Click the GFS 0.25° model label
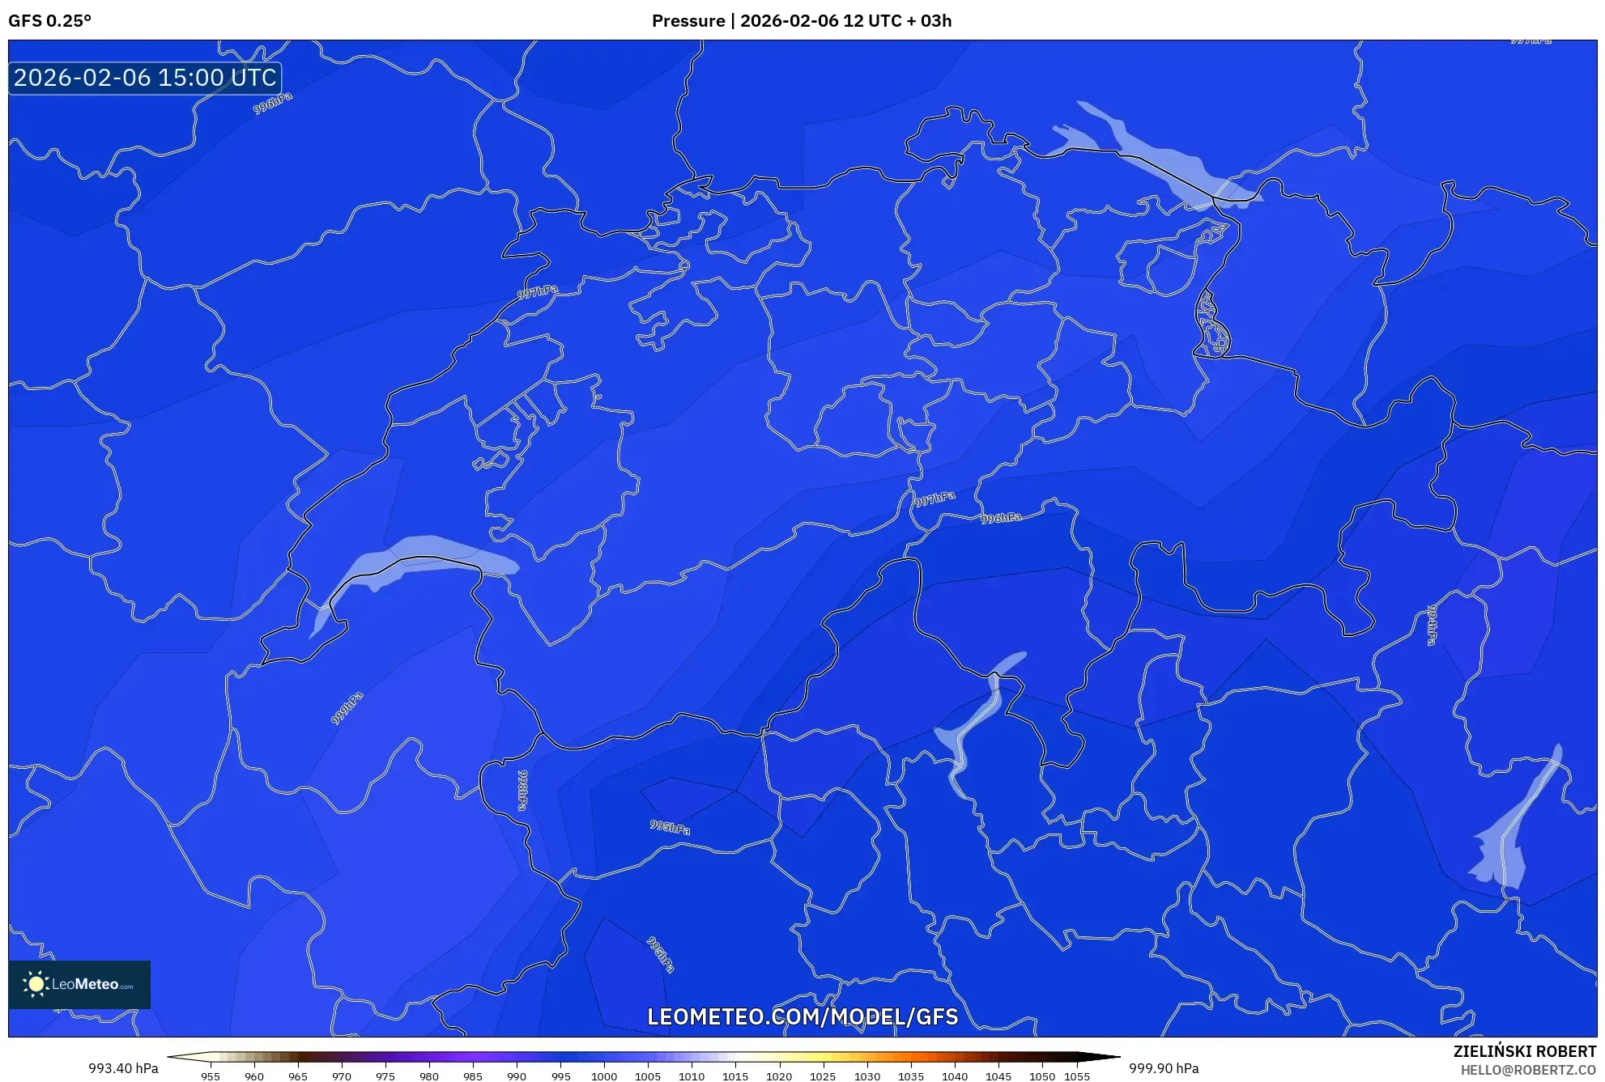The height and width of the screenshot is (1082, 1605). pos(49,21)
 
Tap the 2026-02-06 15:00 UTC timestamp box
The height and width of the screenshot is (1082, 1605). pos(145,78)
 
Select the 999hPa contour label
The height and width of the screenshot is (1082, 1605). pos(347,708)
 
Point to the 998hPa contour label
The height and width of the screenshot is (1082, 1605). pos(523,790)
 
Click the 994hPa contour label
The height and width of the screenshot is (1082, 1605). pos(1432,625)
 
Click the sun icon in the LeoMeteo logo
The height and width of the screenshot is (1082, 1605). pos(36,984)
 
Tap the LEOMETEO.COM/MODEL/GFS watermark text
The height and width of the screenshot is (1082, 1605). pos(802,1016)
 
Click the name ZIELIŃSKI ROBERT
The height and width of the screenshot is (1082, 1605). pos(1524,1051)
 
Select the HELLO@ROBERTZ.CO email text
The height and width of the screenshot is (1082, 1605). pos(1527,1070)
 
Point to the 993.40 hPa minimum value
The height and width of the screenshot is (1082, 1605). pos(123,1068)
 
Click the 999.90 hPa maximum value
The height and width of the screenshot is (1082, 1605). pos(1164,1068)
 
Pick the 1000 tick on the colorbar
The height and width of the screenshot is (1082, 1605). pos(604,1076)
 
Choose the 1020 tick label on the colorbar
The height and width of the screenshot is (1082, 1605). pos(779,1076)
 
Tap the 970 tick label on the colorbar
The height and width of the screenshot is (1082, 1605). pos(342,1076)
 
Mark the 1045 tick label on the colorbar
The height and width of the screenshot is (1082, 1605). pos(998,1076)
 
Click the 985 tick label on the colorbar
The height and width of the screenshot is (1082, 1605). pos(473,1076)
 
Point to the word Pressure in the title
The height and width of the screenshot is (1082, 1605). pos(688,21)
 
